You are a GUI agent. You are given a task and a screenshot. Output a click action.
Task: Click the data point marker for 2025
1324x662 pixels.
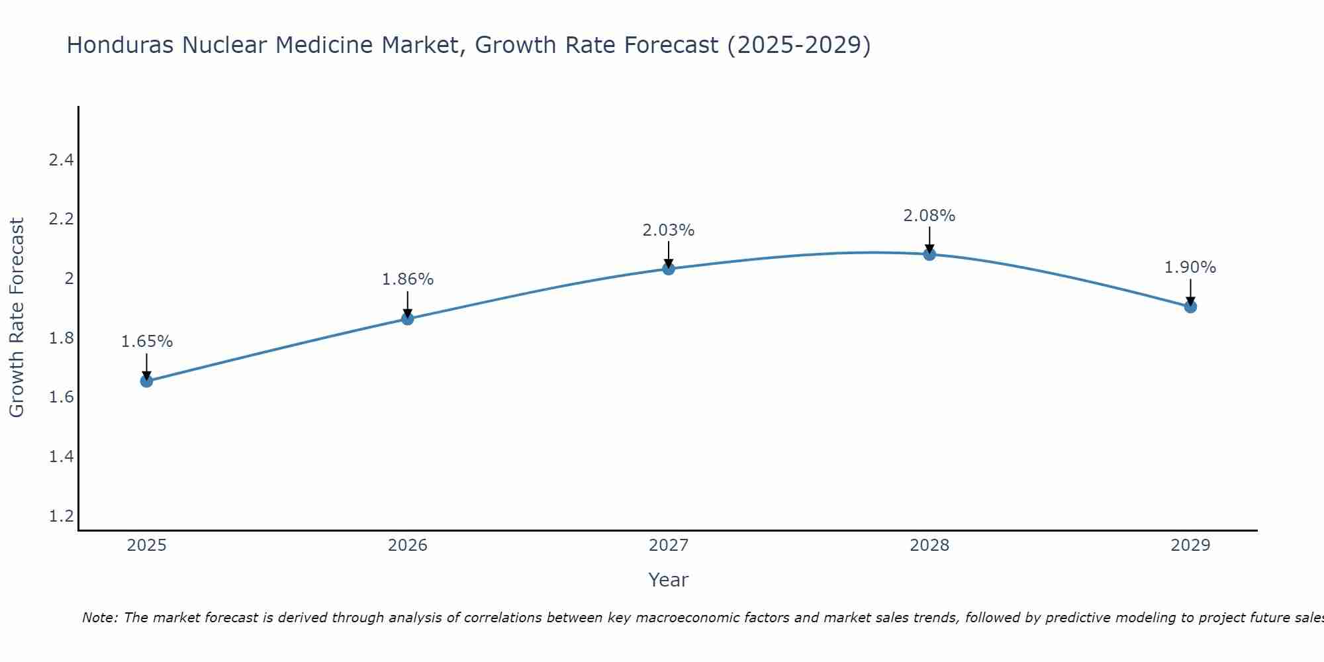(x=146, y=381)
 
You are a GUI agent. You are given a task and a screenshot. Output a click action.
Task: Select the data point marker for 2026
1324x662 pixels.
(x=407, y=318)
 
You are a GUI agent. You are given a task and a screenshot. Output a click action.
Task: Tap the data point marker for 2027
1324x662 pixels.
(x=669, y=268)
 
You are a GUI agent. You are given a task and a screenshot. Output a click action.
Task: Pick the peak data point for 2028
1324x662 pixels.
(x=929, y=254)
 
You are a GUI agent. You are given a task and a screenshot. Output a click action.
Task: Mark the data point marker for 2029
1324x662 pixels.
(x=1190, y=307)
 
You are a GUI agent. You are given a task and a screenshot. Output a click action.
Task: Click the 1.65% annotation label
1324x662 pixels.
(x=146, y=342)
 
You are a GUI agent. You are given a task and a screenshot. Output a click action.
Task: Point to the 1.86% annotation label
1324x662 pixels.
(x=407, y=279)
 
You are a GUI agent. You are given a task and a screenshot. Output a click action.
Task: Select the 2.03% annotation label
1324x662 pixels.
(x=669, y=230)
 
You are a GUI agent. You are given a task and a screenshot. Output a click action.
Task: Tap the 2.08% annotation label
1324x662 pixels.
(x=929, y=216)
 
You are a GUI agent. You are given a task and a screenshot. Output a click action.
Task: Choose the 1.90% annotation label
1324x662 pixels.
(x=1190, y=267)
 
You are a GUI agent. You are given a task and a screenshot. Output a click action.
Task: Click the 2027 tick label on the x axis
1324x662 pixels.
(x=669, y=545)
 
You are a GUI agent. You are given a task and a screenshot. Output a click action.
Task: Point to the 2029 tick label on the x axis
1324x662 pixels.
(x=1190, y=545)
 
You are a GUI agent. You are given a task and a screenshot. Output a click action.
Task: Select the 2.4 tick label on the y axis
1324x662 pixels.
(x=61, y=160)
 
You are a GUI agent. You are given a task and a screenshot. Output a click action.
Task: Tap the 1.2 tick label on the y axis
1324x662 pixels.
(x=61, y=516)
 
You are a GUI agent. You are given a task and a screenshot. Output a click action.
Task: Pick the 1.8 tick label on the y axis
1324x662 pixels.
(x=61, y=338)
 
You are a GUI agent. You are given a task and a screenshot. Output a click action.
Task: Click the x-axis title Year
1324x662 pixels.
(x=669, y=580)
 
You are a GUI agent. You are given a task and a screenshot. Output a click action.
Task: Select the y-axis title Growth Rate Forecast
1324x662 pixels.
(x=17, y=318)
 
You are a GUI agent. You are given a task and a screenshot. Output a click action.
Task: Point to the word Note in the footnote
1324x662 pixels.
(x=99, y=618)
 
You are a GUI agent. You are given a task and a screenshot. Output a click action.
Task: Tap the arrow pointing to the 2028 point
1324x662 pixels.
(x=929, y=239)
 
